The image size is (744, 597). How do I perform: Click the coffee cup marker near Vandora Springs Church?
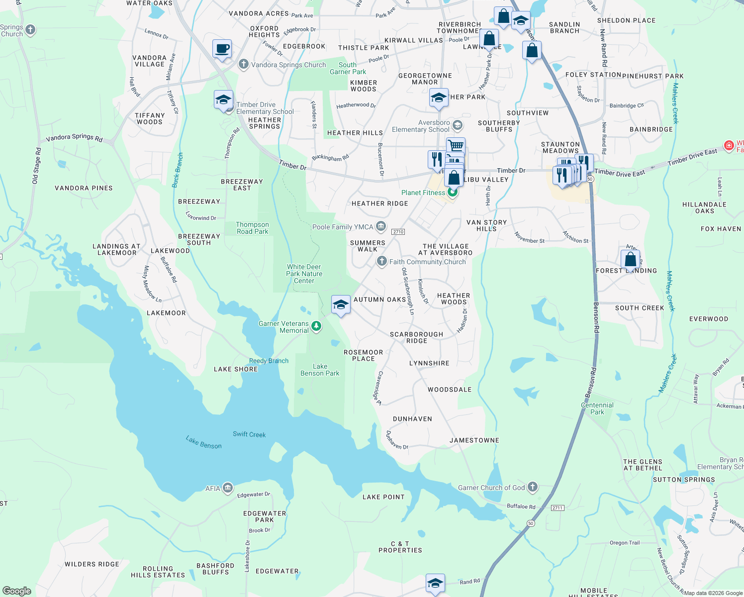coord(222,49)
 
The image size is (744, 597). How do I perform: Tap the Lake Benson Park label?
coord(320,370)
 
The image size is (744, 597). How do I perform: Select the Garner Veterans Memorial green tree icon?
coord(316,327)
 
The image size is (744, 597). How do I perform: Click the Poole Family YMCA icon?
coord(381,227)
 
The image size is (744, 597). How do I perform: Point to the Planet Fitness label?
coord(423,193)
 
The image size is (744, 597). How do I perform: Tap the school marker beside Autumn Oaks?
coord(341,304)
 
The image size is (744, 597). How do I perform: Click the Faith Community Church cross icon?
coord(381,261)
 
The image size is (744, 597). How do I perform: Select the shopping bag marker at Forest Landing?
coord(630,259)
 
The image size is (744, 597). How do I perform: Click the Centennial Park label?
coord(597,408)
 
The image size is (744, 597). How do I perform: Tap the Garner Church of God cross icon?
coord(533,487)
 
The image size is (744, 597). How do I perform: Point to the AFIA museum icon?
coord(228,488)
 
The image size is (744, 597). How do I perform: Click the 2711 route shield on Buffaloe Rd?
coord(557,507)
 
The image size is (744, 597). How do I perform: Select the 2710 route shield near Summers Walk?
coord(398,232)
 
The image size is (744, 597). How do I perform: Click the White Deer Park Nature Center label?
coord(304,274)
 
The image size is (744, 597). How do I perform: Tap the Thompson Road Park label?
coord(252,228)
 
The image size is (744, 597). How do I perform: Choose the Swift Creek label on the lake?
coord(249,434)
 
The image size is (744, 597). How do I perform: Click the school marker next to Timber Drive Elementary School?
coord(223,100)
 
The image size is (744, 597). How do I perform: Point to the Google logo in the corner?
coord(16,591)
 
